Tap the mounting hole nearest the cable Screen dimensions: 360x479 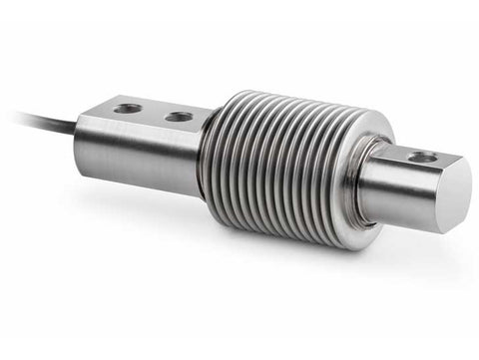pyautogui.click(x=128, y=108)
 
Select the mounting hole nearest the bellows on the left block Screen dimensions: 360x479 pyautogui.click(x=179, y=117)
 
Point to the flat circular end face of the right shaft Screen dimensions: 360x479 pyautogui.click(x=454, y=195)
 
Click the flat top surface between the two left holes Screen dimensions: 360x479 pyautogui.click(x=153, y=112)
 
